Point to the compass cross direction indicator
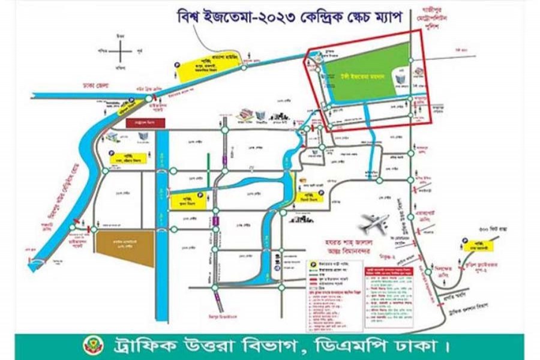click(121, 51)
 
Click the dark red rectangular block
click(145, 123)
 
